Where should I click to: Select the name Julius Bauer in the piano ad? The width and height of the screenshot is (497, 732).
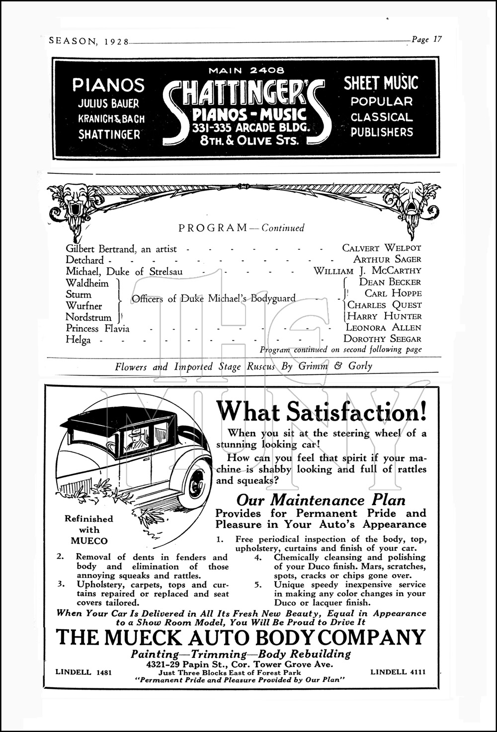click(x=108, y=104)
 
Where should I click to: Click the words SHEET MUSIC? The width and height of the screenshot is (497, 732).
click(x=381, y=83)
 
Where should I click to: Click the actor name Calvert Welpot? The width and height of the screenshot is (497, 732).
click(x=381, y=248)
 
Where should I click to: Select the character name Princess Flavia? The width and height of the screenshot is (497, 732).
click(x=97, y=328)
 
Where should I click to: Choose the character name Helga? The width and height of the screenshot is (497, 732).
click(x=78, y=340)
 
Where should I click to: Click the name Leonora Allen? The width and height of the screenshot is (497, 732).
click(x=383, y=328)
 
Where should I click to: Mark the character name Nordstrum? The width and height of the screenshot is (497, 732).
click(x=88, y=317)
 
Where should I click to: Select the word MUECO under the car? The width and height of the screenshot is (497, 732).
click(x=89, y=541)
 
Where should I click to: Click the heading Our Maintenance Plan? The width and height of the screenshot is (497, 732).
click(x=321, y=500)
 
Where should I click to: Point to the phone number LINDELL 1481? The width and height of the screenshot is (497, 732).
click(x=83, y=672)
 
